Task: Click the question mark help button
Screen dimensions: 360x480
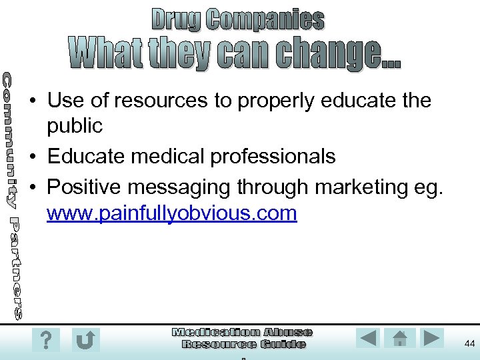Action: click(46, 340)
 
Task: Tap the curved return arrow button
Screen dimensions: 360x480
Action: click(86, 340)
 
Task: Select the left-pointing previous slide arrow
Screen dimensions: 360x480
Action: click(369, 338)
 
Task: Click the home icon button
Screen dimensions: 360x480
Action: click(400, 338)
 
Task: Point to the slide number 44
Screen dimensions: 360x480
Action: click(469, 343)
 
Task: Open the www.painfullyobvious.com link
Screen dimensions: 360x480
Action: click(172, 213)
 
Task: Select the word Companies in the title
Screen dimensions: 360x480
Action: click(265, 20)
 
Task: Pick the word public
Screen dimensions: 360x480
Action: click(75, 125)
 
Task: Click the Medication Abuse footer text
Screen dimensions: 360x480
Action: click(242, 332)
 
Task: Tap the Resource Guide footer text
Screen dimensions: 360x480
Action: click(243, 344)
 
